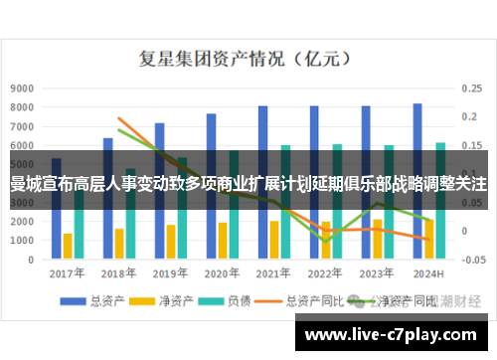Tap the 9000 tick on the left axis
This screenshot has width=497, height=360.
point(21,88)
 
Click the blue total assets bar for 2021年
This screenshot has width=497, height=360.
point(262,134)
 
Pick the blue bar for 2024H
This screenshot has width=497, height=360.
point(417,134)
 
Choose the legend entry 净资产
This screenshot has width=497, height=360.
point(159,301)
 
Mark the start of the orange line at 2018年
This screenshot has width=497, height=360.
point(119,118)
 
